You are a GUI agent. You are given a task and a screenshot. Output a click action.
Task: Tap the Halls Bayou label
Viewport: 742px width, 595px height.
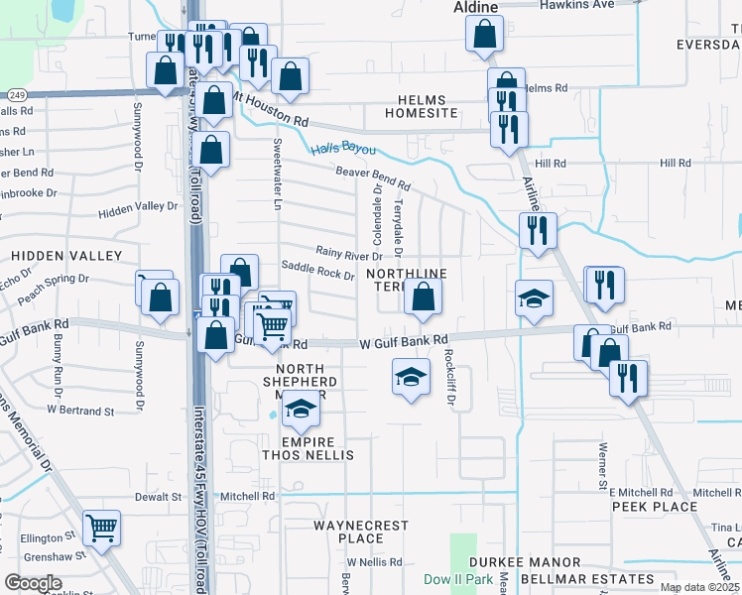pos(343,150)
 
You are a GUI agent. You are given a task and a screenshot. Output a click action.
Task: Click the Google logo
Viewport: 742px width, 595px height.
pos(33,582)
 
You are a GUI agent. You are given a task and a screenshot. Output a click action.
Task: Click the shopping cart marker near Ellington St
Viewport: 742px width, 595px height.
pos(101,530)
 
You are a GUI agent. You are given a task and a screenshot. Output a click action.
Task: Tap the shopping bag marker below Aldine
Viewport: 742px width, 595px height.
pos(483,35)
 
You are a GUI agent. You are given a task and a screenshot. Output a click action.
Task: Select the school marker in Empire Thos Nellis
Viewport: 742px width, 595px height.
pos(300,408)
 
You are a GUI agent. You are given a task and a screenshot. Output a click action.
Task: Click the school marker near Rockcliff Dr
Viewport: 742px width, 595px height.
pos(411,378)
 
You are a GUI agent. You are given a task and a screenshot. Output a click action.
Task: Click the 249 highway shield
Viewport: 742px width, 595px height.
pos(16,94)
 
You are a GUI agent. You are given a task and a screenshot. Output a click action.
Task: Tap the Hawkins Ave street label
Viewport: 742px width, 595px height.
pos(577,5)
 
